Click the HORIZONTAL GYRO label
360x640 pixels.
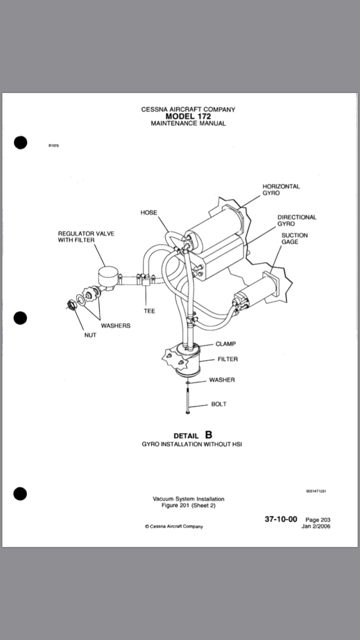(x=281, y=190)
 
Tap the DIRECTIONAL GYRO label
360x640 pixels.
(x=297, y=220)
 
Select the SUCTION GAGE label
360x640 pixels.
(x=294, y=238)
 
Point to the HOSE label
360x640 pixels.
(x=149, y=213)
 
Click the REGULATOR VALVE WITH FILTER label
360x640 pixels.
(x=86, y=237)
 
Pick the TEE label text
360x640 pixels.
(x=149, y=311)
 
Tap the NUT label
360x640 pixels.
(x=90, y=335)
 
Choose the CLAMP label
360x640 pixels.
(x=226, y=344)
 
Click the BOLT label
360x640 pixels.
(x=219, y=404)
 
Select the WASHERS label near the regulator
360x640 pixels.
(x=116, y=326)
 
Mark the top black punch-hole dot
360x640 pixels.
(x=20, y=142)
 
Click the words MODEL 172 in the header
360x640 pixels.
(x=188, y=116)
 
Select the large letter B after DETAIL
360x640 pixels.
(x=208, y=435)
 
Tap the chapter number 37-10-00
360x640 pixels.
(x=281, y=519)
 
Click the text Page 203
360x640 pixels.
(x=318, y=520)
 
